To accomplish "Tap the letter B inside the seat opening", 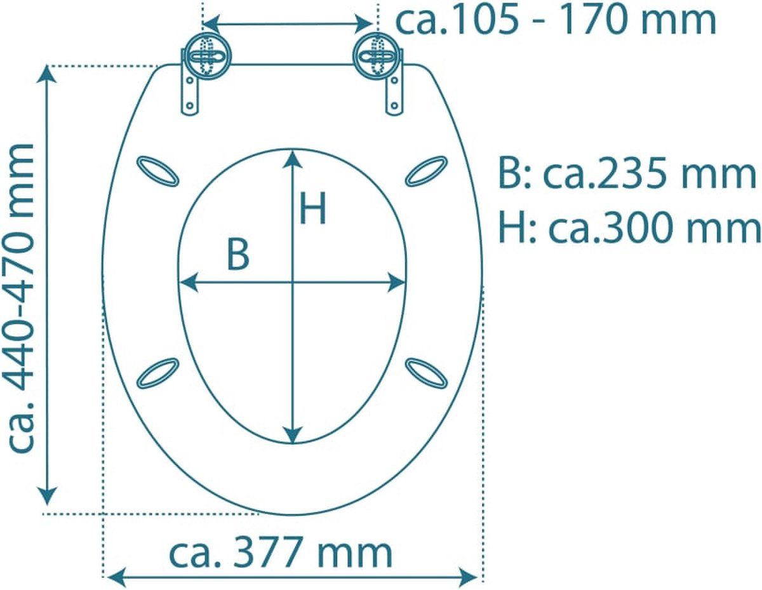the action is (239, 254).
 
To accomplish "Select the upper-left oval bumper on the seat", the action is (158, 171).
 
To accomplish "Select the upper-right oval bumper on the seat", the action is (427, 171).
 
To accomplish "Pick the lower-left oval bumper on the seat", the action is (158, 373).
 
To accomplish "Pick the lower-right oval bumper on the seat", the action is (427, 373).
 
